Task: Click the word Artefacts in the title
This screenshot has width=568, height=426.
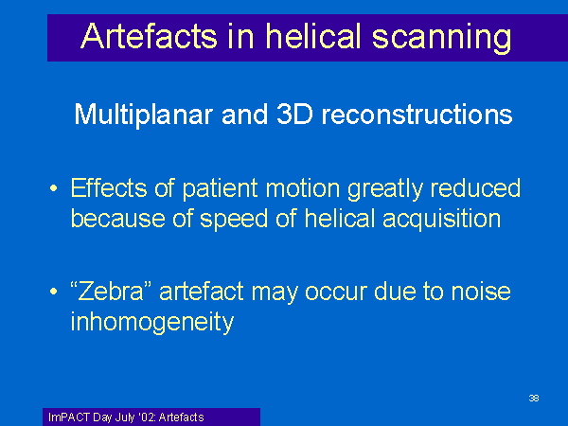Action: [x=149, y=36]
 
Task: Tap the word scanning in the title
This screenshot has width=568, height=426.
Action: [x=441, y=38]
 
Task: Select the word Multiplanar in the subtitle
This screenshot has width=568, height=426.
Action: [x=143, y=115]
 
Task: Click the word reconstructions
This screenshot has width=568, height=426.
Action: [x=417, y=115]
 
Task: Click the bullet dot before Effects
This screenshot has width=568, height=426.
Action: [x=54, y=188]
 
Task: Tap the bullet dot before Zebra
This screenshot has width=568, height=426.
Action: [x=54, y=292]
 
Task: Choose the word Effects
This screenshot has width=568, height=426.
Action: [x=109, y=187]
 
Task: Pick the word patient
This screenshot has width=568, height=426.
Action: [x=221, y=189]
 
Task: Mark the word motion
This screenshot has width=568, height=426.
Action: [x=303, y=188]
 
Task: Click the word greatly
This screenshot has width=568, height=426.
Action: [x=385, y=189]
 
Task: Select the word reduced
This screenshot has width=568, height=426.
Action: [x=475, y=187]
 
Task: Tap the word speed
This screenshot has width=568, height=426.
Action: [x=234, y=220]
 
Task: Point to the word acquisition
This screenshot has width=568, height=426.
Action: [x=441, y=220]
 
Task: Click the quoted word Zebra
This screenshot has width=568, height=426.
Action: [x=111, y=291]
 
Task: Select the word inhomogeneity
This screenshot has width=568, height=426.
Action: [x=152, y=323]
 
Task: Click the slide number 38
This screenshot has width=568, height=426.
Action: [x=534, y=399]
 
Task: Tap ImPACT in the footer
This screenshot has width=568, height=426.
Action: [x=69, y=417]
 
